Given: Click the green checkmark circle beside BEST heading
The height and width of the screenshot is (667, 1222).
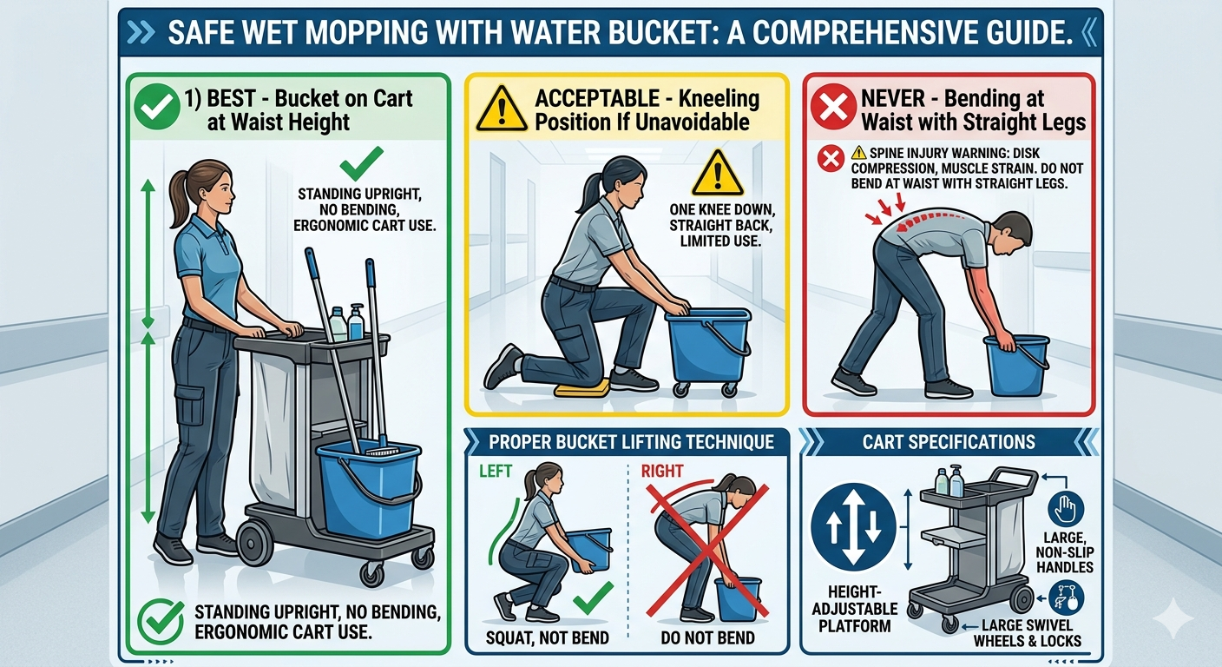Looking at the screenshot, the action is (x=157, y=107).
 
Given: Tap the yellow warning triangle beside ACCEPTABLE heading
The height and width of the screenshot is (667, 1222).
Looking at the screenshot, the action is (x=502, y=109).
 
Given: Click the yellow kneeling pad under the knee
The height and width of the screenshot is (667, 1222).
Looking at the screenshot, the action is (x=582, y=388).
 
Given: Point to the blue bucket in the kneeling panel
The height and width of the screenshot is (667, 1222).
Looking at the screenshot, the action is (x=708, y=344).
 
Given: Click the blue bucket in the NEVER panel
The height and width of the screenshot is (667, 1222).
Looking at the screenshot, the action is (x=1015, y=365).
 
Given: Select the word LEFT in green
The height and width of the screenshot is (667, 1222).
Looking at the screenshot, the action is (x=496, y=471).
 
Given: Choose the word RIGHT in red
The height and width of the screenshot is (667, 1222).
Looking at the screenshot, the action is (x=661, y=471).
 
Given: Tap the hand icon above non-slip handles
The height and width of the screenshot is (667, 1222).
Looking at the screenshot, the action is (x=1066, y=509).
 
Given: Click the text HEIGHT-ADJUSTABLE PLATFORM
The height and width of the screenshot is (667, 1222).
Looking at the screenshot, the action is (x=854, y=609).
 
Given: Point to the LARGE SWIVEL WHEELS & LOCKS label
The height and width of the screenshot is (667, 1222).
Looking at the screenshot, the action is (x=1028, y=633).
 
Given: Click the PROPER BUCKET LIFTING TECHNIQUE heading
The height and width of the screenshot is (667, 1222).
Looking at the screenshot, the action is (x=631, y=441).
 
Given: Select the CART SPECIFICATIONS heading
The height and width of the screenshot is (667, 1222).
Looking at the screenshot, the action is (x=949, y=441).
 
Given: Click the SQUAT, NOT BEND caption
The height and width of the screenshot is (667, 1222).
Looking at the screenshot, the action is (x=547, y=637).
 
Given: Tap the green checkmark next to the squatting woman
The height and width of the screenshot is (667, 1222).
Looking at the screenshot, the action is (x=592, y=598).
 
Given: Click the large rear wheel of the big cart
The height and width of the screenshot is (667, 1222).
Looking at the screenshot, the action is (x=255, y=544).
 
